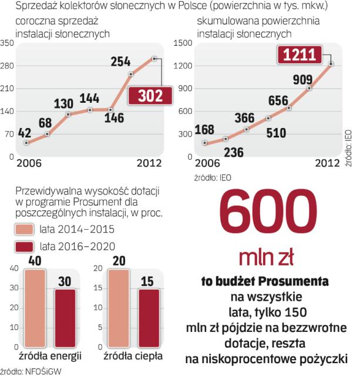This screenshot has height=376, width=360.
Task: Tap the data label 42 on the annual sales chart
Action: [x=26, y=132]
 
